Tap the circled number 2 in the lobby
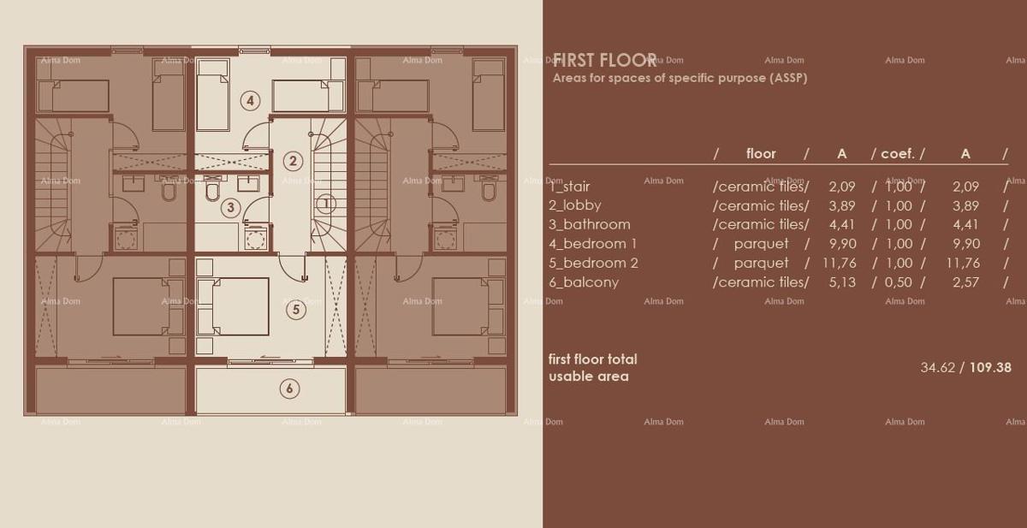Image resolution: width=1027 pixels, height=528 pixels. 293,160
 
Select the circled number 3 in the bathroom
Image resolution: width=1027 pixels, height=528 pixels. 229,206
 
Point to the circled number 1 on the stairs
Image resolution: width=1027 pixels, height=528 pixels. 326,204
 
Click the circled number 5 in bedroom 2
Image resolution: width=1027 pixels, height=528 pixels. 295,310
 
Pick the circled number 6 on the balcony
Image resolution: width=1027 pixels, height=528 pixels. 289,389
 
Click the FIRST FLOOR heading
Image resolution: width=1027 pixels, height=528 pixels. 604,60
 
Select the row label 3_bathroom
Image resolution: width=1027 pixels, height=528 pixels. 589,224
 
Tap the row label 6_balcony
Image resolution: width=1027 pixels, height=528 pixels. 583,282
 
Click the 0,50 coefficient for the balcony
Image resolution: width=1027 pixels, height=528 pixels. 898,282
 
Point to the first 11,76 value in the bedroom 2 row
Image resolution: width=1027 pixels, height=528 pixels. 839,263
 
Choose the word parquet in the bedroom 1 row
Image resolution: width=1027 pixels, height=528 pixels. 761,244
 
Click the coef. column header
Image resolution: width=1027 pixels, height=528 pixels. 898,154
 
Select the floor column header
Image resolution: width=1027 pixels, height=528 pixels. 760,154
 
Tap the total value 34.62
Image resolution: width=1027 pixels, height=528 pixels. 938,367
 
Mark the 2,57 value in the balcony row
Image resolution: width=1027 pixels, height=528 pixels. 965,282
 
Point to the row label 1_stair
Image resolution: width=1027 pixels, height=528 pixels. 569,187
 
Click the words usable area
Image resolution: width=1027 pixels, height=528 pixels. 588,377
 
